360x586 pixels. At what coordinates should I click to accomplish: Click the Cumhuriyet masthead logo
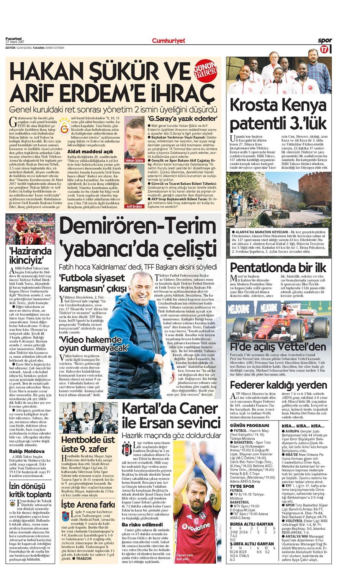coord(168,41)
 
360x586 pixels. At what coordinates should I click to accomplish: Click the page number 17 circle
coord(324,49)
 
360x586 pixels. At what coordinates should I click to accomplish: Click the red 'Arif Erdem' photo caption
coord(134,206)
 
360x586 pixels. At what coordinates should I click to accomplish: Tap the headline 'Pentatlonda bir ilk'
coord(278,267)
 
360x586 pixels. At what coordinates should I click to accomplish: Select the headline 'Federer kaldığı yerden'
coord(278,385)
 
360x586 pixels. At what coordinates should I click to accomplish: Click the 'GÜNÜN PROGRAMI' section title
coord(249,426)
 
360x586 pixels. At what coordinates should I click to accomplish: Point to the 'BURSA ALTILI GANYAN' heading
coord(252,524)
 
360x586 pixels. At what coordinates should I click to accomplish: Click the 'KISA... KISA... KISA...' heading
coord(303,426)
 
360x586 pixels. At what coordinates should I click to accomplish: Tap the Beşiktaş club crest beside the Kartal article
coord(126,447)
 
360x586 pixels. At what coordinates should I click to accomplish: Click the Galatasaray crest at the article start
coord(64,123)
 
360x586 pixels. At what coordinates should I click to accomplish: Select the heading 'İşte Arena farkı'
coord(88,504)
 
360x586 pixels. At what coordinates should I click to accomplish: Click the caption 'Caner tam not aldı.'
coord(185,557)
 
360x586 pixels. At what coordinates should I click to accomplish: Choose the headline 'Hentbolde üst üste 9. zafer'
coord(88,444)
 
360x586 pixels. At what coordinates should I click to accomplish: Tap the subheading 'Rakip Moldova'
coord(27,451)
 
